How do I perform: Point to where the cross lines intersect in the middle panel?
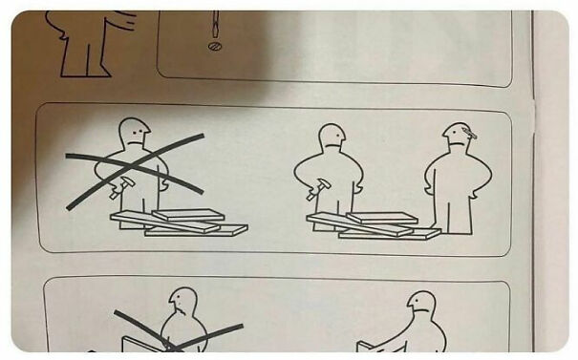(134, 169)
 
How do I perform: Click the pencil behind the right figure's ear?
(467, 135)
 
